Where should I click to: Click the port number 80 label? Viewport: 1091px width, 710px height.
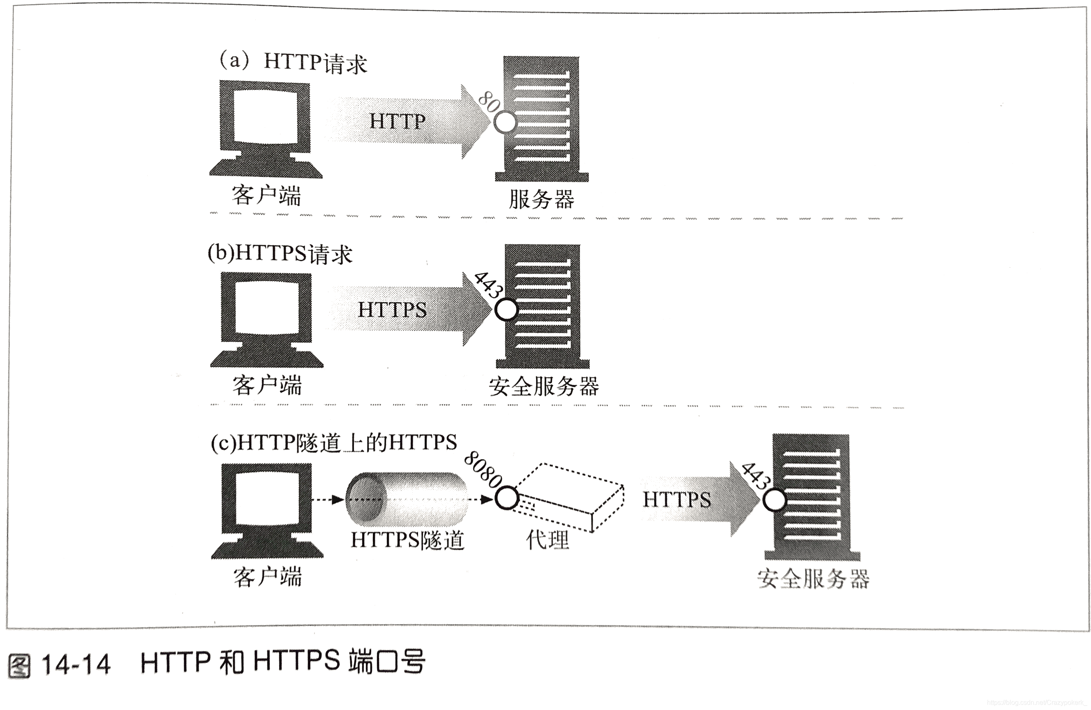[489, 101]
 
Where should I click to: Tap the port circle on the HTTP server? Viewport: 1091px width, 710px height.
[505, 122]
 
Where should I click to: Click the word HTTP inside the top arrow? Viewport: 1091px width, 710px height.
[398, 122]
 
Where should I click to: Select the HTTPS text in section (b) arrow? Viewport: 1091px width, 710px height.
[392, 310]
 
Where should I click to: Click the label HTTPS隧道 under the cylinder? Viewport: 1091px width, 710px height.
[407, 540]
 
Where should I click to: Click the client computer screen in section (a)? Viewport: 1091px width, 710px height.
[266, 117]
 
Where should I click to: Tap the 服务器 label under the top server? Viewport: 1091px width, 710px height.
[541, 200]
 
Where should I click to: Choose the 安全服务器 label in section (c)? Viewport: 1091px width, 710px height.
[813, 579]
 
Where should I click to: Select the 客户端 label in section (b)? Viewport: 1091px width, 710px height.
[267, 385]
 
